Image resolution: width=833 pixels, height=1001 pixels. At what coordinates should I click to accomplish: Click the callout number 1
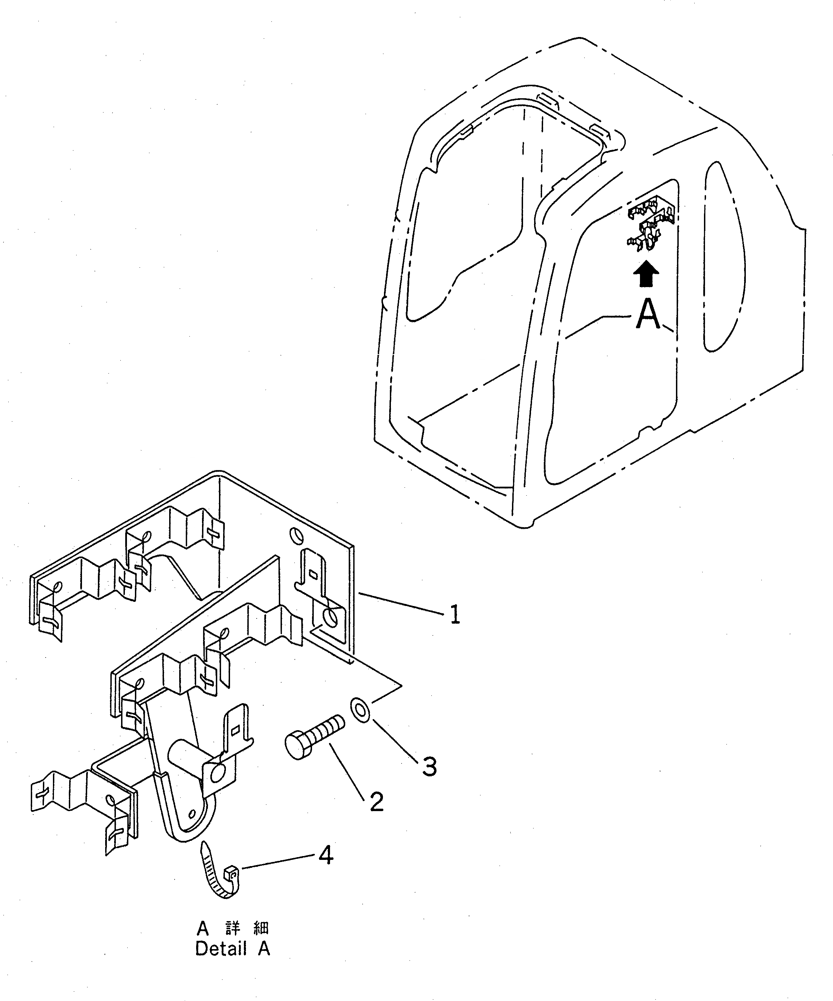455,615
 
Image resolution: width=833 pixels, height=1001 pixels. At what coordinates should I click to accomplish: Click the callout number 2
376,802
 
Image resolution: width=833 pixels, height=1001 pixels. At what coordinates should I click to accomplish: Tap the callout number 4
326,855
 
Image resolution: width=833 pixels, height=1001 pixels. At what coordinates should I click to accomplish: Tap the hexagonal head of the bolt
297,755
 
